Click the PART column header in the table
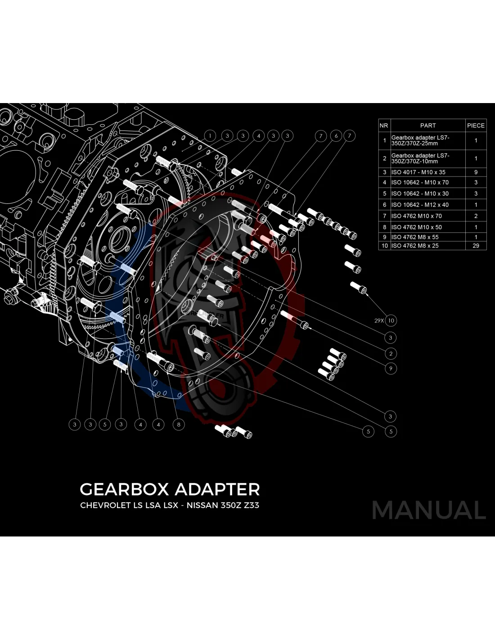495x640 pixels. pyautogui.click(x=427, y=126)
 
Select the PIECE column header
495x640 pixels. pyautogui.click(x=476, y=126)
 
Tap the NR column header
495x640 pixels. pyautogui.click(x=383, y=126)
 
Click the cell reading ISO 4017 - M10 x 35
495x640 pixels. pyautogui.click(x=418, y=172)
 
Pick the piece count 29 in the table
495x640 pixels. pyautogui.click(x=476, y=246)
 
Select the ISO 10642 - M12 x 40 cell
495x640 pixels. pyautogui.click(x=419, y=205)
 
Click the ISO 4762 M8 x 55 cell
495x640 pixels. pyautogui.click(x=414, y=237)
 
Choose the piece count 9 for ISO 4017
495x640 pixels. pyautogui.click(x=476, y=172)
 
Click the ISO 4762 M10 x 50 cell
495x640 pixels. pyautogui.click(x=416, y=227)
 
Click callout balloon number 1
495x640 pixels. pyautogui.click(x=210, y=135)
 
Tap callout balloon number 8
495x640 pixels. pyautogui.click(x=179, y=424)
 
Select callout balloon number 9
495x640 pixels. pyautogui.click(x=391, y=369)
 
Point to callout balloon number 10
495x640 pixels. pyautogui.click(x=391, y=321)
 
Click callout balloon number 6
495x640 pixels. pyautogui.click(x=336, y=136)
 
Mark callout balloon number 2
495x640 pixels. pyautogui.click(x=391, y=354)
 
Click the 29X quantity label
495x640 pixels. pyautogui.click(x=379, y=321)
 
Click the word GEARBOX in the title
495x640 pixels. pyautogui.click(x=124, y=489)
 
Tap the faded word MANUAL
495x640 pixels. pyautogui.click(x=428, y=510)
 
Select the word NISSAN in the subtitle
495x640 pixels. pyautogui.click(x=202, y=505)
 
